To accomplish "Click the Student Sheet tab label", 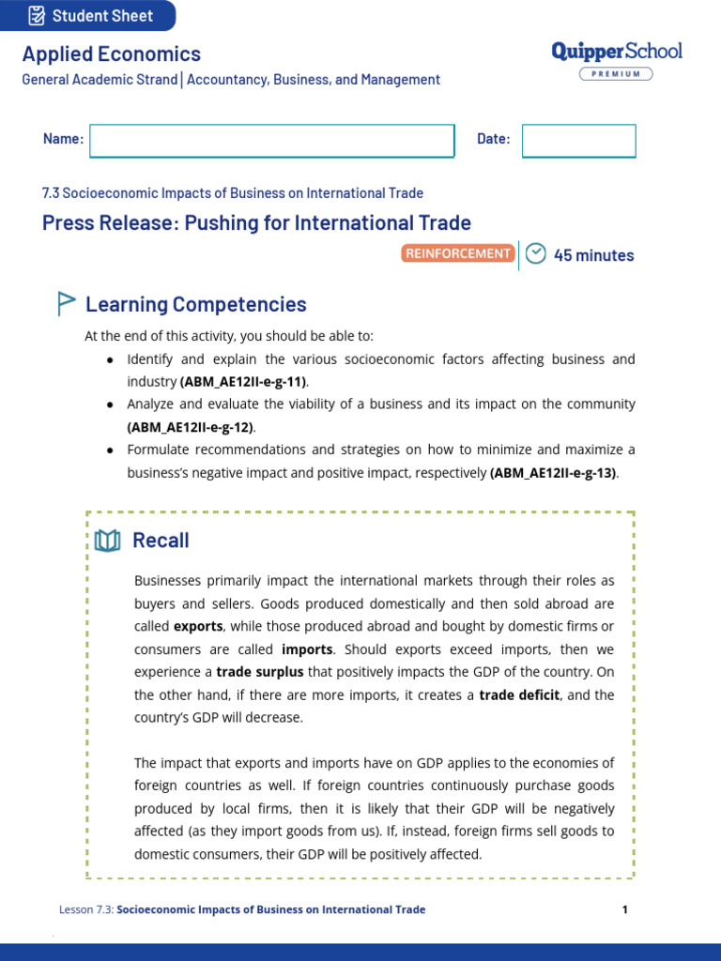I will click(x=102, y=16).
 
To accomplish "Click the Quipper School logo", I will click(x=617, y=52).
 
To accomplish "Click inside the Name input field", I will click(x=271, y=140).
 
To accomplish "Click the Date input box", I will click(x=578, y=140).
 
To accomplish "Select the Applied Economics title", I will click(x=112, y=54).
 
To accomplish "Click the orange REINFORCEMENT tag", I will click(x=458, y=253).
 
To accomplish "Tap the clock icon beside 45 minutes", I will click(x=535, y=253).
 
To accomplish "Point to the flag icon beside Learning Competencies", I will click(x=66, y=303).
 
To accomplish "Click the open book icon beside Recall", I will click(x=107, y=541).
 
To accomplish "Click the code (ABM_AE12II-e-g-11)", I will click(x=243, y=382).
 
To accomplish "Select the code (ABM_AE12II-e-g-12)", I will click(x=191, y=427).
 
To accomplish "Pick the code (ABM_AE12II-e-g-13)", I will click(x=553, y=473).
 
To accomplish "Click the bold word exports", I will click(x=198, y=626).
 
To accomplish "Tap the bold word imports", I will click(x=307, y=649).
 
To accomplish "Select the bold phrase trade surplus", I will click(x=254, y=672).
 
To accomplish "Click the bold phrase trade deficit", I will click(x=519, y=695).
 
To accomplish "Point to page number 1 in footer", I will click(x=624, y=909).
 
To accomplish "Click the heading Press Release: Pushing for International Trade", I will click(x=256, y=222).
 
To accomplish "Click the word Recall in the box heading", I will click(x=161, y=541).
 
